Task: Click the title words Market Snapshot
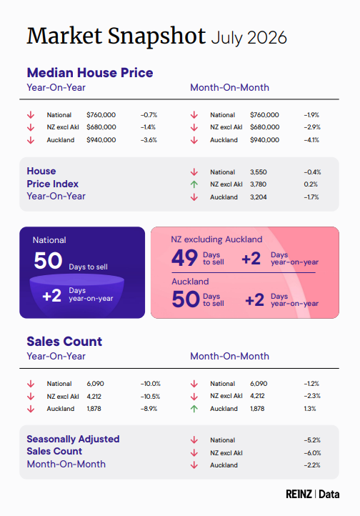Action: click(x=116, y=36)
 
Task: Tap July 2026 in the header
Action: click(x=249, y=38)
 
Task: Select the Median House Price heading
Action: click(x=90, y=73)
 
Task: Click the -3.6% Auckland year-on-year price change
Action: click(x=149, y=140)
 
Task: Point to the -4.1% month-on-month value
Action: click(x=311, y=140)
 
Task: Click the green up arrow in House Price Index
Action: click(x=194, y=184)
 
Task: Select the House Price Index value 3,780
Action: click(x=258, y=184)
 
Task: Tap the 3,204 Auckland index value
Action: click(x=259, y=197)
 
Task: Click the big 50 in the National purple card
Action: click(x=48, y=261)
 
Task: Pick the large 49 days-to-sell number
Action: click(x=185, y=257)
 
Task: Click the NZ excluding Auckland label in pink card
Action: click(x=216, y=239)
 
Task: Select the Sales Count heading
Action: click(x=64, y=342)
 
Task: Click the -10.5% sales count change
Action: click(x=150, y=397)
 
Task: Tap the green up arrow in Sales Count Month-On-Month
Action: click(x=194, y=409)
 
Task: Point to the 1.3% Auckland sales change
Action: click(x=310, y=409)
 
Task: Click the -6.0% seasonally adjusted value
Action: click(x=312, y=453)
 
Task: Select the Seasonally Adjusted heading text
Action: click(x=73, y=439)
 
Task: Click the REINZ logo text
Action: click(x=299, y=494)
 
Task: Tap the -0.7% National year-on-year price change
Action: click(x=149, y=115)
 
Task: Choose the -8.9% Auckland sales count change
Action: click(x=149, y=409)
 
